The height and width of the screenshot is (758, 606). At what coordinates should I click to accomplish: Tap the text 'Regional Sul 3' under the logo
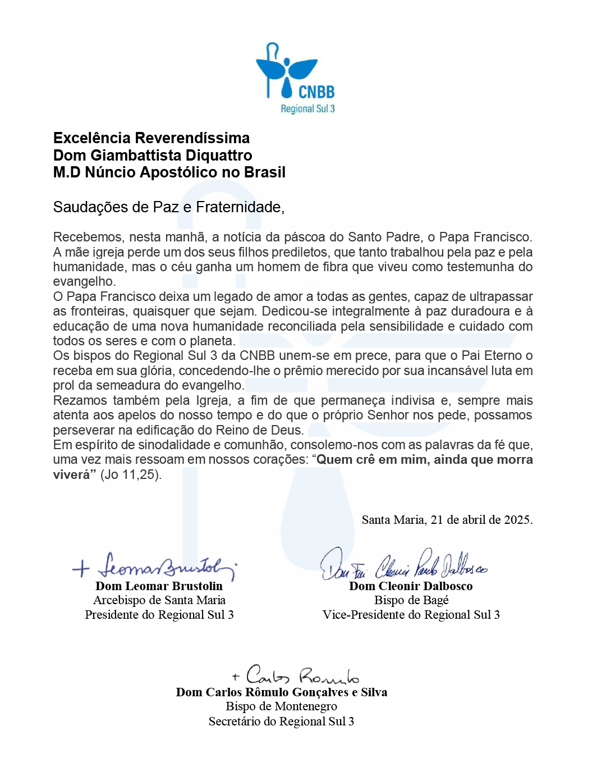(x=307, y=109)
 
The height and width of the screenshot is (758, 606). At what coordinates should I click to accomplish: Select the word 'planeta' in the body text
(x=212, y=341)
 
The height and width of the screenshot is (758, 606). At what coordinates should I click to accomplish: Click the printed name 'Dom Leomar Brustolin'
(x=159, y=586)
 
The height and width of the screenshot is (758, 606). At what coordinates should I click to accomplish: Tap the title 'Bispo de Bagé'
(x=411, y=600)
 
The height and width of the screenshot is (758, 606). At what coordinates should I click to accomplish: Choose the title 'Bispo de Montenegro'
(x=281, y=706)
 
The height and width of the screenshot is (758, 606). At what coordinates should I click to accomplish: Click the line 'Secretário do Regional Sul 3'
(x=281, y=722)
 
